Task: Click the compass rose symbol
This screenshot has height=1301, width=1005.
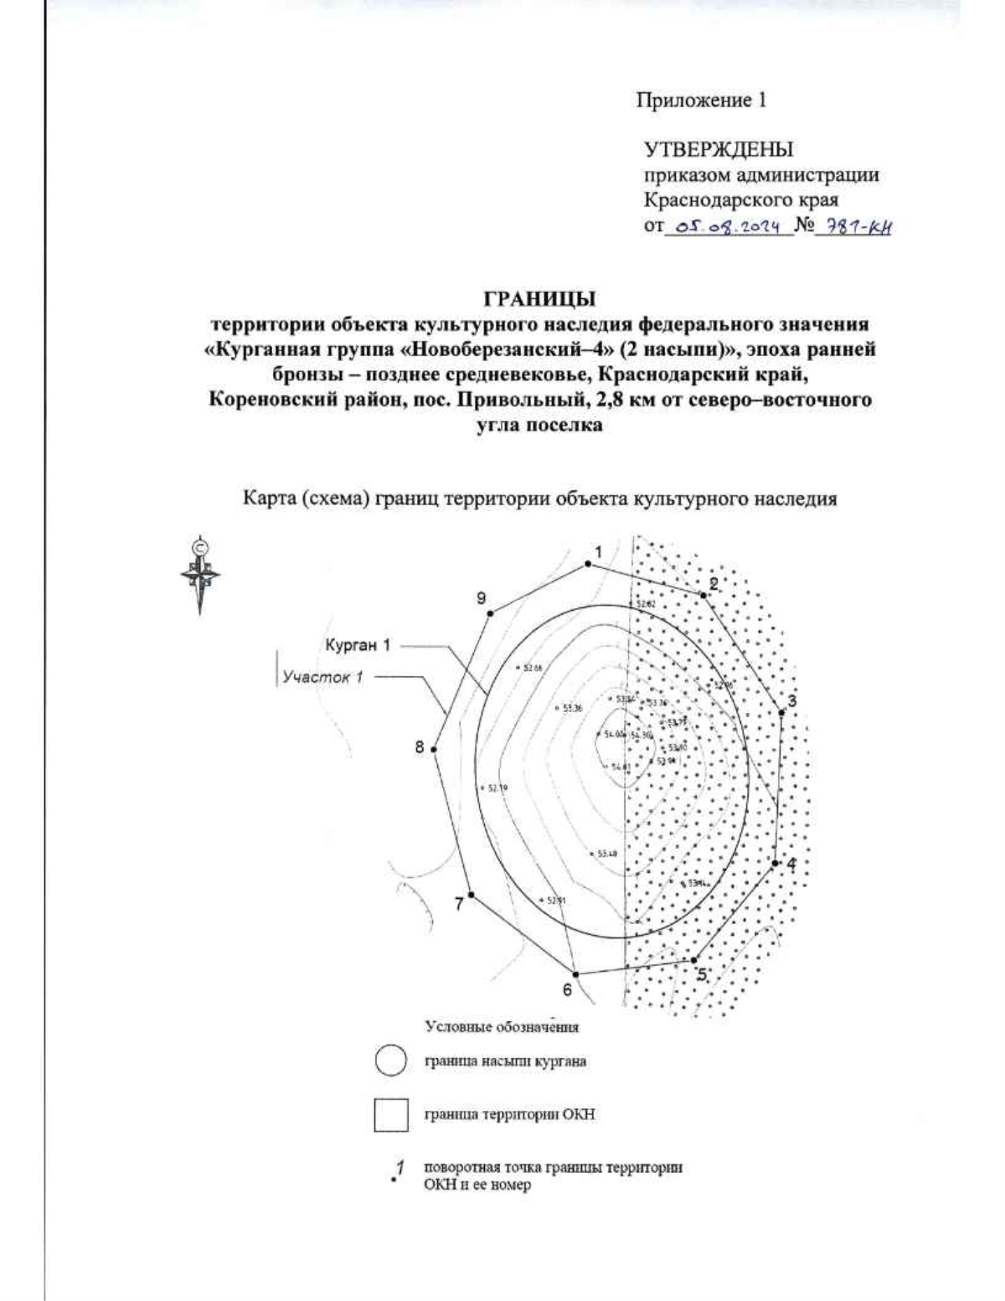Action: pyautogui.click(x=200, y=575)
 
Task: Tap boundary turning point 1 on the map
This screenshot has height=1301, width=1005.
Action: pyautogui.click(x=588, y=564)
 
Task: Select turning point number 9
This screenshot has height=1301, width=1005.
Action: pyautogui.click(x=491, y=612)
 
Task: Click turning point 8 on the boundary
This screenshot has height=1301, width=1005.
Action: pyautogui.click(x=434, y=750)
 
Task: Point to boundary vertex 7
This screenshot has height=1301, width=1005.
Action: pyautogui.click(x=472, y=895)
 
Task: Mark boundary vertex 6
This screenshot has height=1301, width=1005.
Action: pyautogui.click(x=575, y=973)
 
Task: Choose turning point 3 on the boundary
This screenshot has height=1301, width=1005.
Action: pyautogui.click(x=781, y=713)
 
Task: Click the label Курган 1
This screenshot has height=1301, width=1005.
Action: pyautogui.click(x=358, y=646)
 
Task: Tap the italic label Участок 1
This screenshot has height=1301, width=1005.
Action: pyautogui.click(x=322, y=677)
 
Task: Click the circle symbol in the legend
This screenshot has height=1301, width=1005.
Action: pyautogui.click(x=390, y=1061)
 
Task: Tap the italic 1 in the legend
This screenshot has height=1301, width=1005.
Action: pyautogui.click(x=400, y=1166)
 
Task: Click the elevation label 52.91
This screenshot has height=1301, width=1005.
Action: pyautogui.click(x=557, y=901)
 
